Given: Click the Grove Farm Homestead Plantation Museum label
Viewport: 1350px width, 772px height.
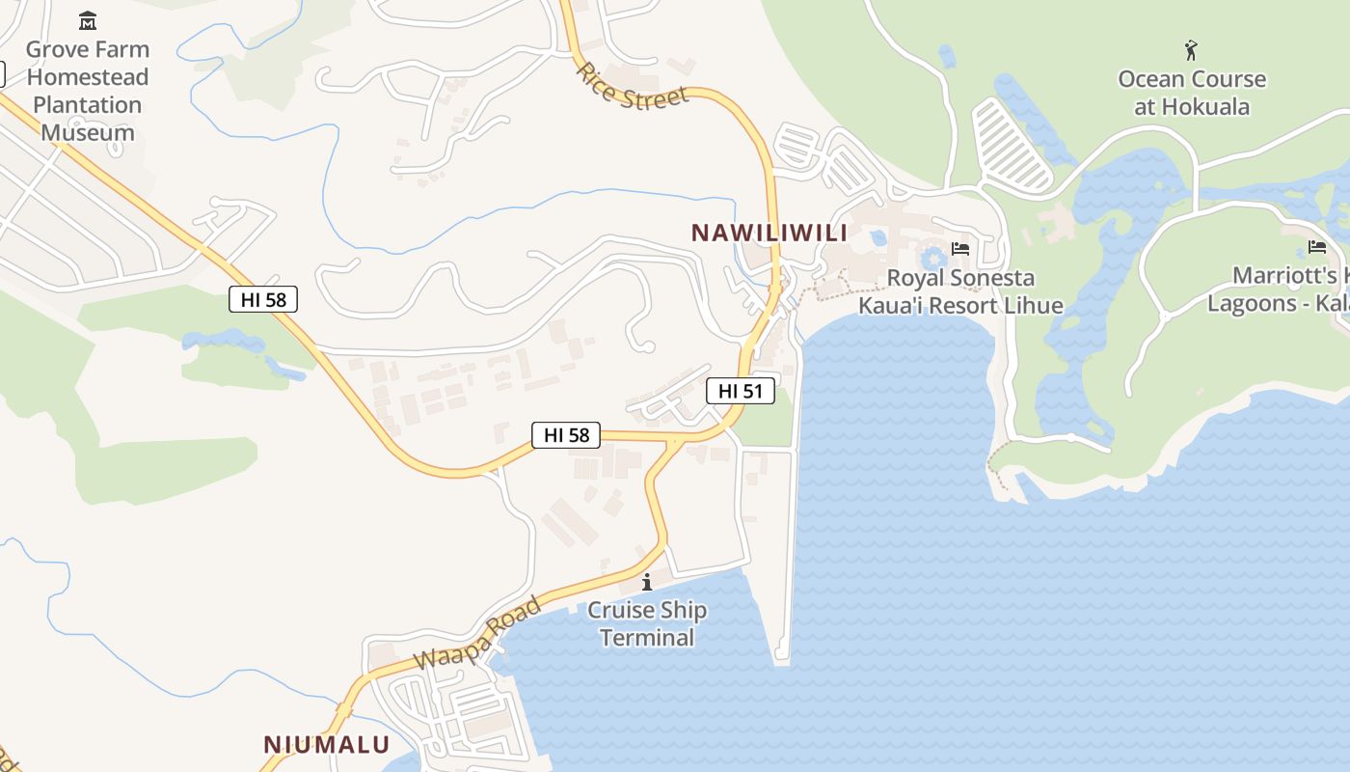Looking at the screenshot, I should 87,91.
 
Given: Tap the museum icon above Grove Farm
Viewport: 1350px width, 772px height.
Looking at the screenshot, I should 88,20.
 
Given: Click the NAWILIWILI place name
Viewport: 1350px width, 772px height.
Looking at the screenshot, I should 769,233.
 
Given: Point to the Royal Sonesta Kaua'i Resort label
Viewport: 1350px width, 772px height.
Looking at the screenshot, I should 960,291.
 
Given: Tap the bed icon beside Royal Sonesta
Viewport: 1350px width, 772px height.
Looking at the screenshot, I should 960,249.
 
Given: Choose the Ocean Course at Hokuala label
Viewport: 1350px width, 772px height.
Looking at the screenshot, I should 1192,93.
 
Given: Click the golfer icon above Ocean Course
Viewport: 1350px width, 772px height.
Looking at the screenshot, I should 1192,49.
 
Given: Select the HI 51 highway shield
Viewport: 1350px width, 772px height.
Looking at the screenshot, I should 741,391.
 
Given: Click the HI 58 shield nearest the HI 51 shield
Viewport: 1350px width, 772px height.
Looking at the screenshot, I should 566,435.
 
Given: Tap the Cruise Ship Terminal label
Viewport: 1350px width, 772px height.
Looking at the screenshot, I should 647,623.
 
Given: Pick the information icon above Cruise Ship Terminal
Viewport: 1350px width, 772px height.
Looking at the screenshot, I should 647,582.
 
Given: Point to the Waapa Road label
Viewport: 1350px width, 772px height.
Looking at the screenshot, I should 477,634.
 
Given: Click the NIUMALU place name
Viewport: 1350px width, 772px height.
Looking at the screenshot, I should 327,744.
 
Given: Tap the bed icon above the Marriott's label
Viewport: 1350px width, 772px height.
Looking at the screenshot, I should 1317,247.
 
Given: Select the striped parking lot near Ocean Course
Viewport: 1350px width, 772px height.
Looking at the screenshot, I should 1012,145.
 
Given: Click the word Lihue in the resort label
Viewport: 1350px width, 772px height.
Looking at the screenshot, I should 1030,306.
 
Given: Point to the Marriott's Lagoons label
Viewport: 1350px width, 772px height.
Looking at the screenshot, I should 1278,289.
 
